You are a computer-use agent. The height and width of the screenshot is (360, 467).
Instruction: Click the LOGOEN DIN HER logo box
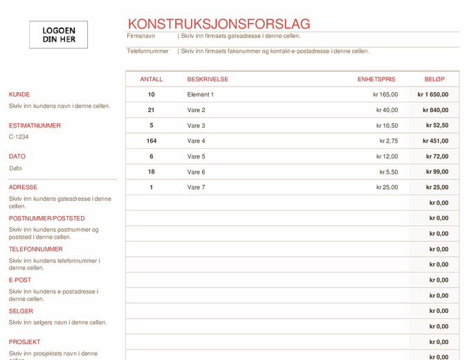click(59, 35)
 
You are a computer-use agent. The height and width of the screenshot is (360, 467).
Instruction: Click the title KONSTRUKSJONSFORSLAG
click(219, 24)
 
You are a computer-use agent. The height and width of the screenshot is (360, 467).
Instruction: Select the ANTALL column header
click(152, 80)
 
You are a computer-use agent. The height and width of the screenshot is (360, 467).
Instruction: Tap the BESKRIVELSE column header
click(208, 80)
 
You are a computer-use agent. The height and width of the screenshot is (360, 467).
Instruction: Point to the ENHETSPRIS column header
click(376, 80)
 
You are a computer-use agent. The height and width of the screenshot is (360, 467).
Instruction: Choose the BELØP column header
click(434, 80)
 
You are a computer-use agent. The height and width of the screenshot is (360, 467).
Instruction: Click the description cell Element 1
click(201, 95)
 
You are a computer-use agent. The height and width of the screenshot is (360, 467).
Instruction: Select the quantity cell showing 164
click(152, 141)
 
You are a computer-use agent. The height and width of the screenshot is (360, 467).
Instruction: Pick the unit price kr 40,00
click(387, 110)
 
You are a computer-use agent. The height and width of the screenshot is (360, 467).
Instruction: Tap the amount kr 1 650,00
click(433, 95)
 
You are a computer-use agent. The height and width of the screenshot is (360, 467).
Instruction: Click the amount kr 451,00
click(436, 141)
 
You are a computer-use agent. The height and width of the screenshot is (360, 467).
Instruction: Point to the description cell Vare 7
click(196, 188)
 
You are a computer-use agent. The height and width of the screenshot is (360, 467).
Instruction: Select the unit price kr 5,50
click(389, 172)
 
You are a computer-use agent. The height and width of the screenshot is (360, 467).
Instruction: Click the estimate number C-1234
click(19, 137)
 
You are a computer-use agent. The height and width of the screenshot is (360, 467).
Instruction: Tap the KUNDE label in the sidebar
click(19, 94)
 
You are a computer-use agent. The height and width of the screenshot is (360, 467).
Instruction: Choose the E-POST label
click(20, 280)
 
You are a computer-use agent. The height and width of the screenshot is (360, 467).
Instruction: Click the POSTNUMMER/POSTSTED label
click(46, 218)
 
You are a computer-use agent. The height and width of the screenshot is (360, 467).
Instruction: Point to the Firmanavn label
click(141, 36)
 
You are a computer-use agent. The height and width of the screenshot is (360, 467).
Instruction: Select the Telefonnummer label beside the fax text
click(147, 51)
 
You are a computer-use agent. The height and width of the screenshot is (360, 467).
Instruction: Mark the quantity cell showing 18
click(152, 172)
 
